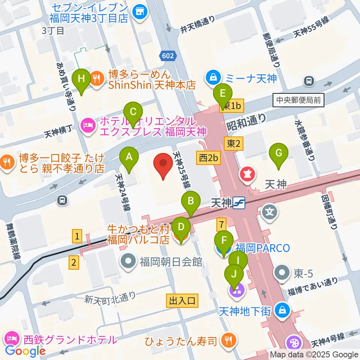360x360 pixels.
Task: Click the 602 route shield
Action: click(x=168, y=55)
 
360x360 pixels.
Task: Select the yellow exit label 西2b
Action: click(x=208, y=158)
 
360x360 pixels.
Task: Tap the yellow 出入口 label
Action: click(x=182, y=300)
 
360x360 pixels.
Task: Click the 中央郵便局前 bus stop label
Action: click(x=299, y=100)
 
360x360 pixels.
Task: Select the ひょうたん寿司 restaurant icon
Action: click(x=229, y=340)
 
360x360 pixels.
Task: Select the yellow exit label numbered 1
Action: click(x=77, y=236)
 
